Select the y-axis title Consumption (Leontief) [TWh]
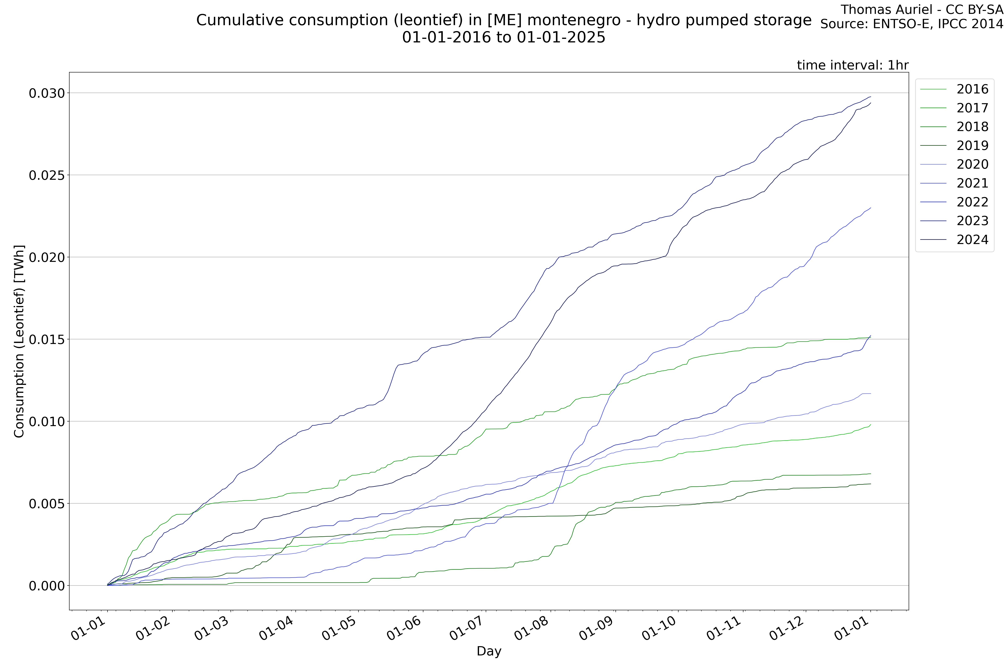[19, 342]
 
